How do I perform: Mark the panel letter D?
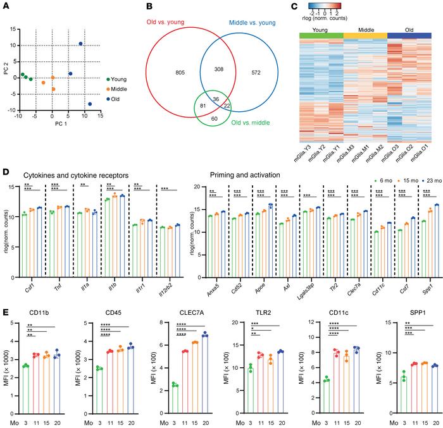click(x=6, y=171)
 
